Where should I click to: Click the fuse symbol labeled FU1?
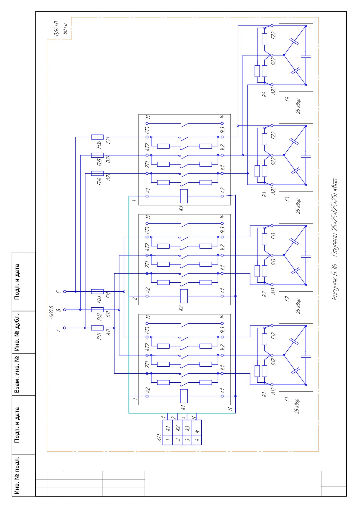97,328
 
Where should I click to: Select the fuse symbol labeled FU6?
97,137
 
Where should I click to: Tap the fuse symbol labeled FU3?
97,291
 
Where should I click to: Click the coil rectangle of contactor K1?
184,396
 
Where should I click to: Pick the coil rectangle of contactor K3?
184,196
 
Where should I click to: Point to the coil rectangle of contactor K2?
184,296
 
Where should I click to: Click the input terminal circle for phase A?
65,328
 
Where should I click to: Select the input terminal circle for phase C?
65,291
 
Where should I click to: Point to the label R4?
264,94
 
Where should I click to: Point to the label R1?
264,394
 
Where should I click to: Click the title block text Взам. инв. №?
17,374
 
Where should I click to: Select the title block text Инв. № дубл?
17,332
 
